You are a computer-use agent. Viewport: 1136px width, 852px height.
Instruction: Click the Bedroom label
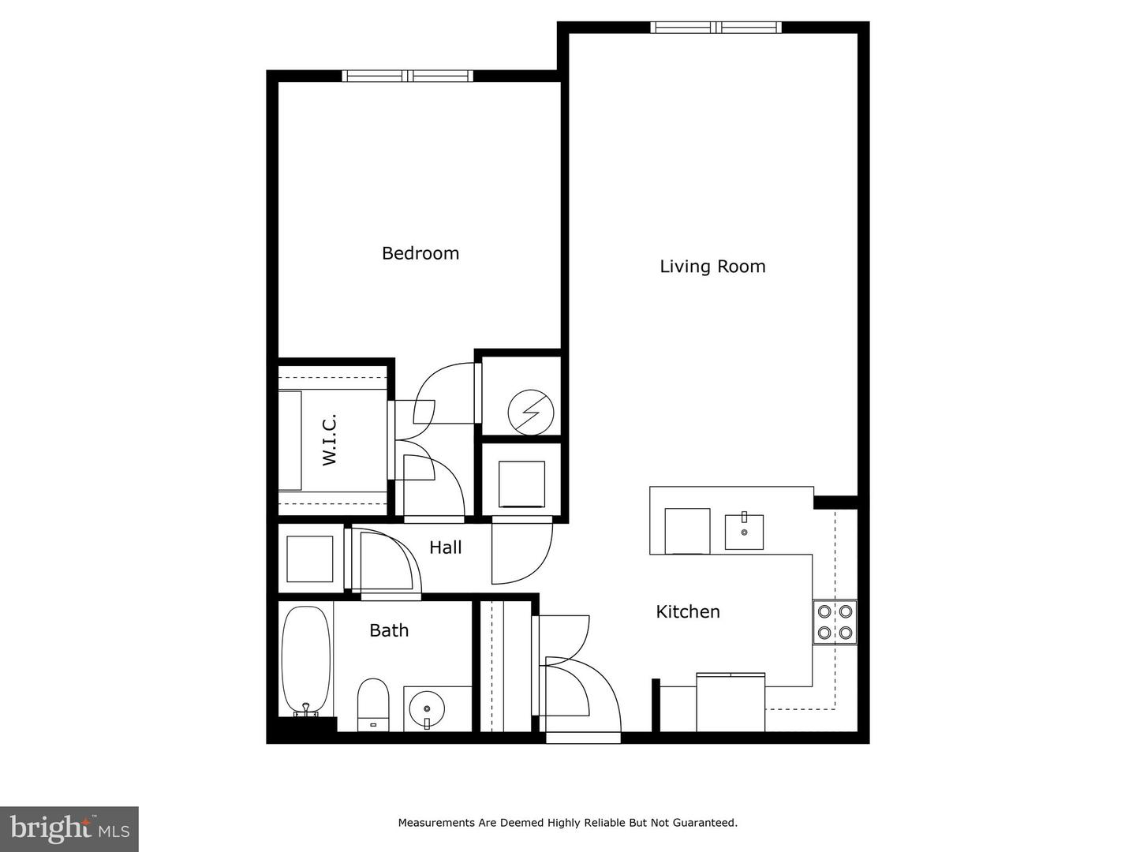point(420,253)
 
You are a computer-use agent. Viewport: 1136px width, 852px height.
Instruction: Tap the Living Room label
point(712,267)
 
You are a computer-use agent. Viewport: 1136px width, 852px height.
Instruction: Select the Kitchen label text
point(688,612)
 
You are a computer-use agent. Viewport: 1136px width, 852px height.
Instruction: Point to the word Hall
point(445,547)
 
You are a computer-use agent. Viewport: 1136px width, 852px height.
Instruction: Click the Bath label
point(389,630)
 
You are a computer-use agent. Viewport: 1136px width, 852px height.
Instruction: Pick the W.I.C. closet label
point(329,439)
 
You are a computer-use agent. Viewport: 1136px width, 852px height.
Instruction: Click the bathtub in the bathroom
point(306,662)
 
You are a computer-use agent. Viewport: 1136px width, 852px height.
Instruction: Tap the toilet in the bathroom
point(373,704)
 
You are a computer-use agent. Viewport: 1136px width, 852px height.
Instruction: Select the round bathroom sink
point(427,708)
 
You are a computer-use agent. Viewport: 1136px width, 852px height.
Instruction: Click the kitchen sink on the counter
point(744,531)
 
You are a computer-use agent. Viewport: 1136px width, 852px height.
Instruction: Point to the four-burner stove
point(835,622)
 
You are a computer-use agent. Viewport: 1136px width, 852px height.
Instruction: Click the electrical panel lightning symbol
point(530,413)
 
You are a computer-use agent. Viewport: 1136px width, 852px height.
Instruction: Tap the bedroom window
point(407,76)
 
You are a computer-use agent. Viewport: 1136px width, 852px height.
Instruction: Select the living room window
point(716,28)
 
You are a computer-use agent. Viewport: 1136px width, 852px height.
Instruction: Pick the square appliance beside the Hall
point(309,559)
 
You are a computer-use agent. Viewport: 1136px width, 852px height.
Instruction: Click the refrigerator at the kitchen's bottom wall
point(731,702)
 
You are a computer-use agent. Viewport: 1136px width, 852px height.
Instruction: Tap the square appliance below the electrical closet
point(521,484)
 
